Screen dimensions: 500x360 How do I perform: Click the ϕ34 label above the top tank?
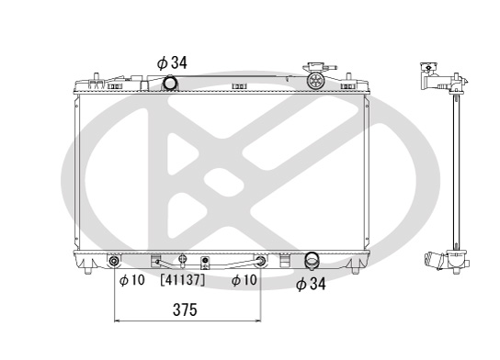tap(172, 62)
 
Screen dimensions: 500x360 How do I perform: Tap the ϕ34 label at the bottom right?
tap(311, 284)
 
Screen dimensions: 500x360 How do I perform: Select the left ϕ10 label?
tap(132, 280)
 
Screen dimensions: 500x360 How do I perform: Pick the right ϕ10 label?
tap(244, 280)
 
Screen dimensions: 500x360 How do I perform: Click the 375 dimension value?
tap(185, 309)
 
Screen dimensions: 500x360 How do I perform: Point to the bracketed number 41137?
tap(183, 280)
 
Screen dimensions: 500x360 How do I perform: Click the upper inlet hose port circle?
tap(170, 83)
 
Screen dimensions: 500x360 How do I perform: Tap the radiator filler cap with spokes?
tap(315, 80)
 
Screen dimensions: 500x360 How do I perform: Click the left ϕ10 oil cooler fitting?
tap(114, 261)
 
